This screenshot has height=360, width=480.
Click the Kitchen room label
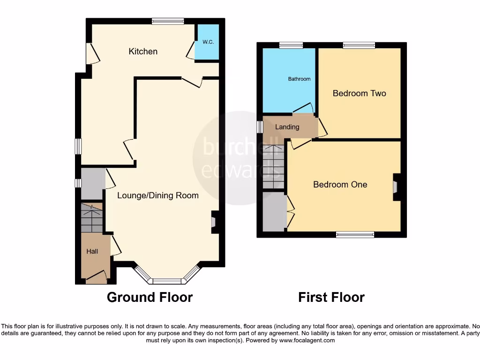pyautogui.click(x=143, y=52)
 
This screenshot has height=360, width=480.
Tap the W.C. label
pyautogui.click(x=208, y=42)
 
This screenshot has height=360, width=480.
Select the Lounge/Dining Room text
pyautogui.click(x=158, y=195)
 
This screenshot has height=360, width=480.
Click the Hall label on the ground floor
pyautogui.click(x=92, y=252)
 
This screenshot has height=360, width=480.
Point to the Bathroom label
pyautogui.click(x=299, y=79)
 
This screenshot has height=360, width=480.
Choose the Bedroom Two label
pyautogui.click(x=359, y=93)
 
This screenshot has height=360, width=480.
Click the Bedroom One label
pyautogui.click(x=340, y=185)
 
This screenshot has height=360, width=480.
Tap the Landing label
pyautogui.click(x=287, y=127)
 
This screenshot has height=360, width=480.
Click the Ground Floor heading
pyautogui.click(x=150, y=297)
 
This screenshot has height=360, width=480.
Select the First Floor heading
pyautogui.click(x=331, y=297)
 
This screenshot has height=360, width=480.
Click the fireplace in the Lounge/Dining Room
pyautogui.click(x=215, y=222)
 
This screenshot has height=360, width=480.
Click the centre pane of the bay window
pyautogui.click(x=167, y=281)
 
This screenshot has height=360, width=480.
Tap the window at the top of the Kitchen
pyautogui.click(x=167, y=21)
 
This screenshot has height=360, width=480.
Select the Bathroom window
pyautogui.click(x=291, y=45)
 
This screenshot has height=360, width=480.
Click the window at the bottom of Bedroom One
pyautogui.click(x=355, y=234)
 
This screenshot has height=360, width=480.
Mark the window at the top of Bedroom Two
pyautogui.click(x=359, y=45)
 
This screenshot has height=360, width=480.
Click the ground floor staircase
pyautogui.click(x=91, y=218)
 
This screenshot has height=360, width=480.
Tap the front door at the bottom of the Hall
pyautogui.click(x=97, y=280)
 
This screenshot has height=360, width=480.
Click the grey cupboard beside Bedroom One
pyautogui.click(x=274, y=212)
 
